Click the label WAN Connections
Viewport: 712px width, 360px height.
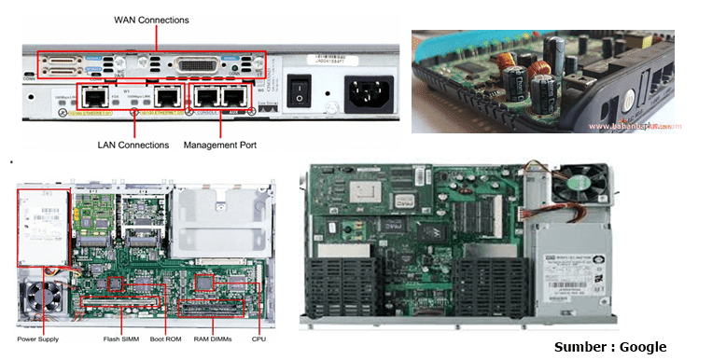(150, 19)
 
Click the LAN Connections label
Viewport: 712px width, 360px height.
(133, 145)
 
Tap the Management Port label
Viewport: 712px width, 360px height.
(220, 145)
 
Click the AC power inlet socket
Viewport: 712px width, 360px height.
(369, 91)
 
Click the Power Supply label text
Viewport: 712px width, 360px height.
(37, 339)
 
